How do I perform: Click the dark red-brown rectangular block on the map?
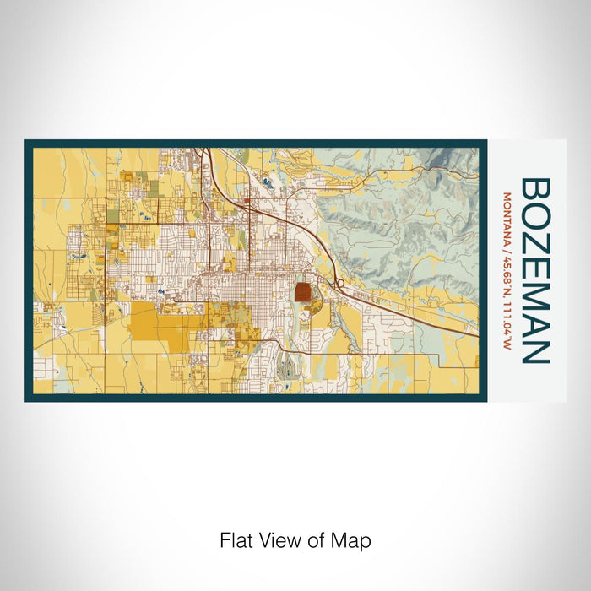[x=302, y=294]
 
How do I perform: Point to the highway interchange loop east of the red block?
[x=337, y=284]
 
